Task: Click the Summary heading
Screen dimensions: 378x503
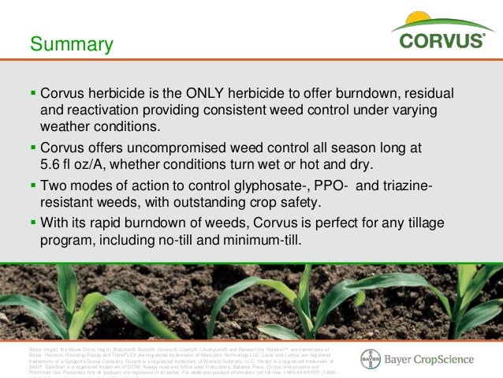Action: point(72,44)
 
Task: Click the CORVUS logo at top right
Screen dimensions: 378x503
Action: point(442,39)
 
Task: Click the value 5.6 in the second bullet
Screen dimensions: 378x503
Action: point(52,164)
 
